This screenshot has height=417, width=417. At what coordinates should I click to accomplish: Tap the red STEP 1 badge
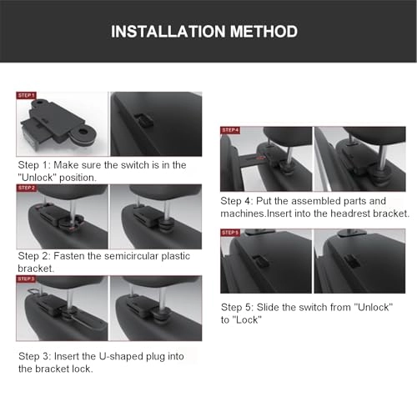click(x=27, y=96)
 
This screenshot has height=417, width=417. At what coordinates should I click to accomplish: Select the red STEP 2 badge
click(x=27, y=188)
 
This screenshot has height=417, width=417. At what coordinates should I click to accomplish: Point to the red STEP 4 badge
click(x=230, y=130)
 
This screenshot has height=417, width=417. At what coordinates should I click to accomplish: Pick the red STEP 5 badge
click(x=230, y=233)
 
